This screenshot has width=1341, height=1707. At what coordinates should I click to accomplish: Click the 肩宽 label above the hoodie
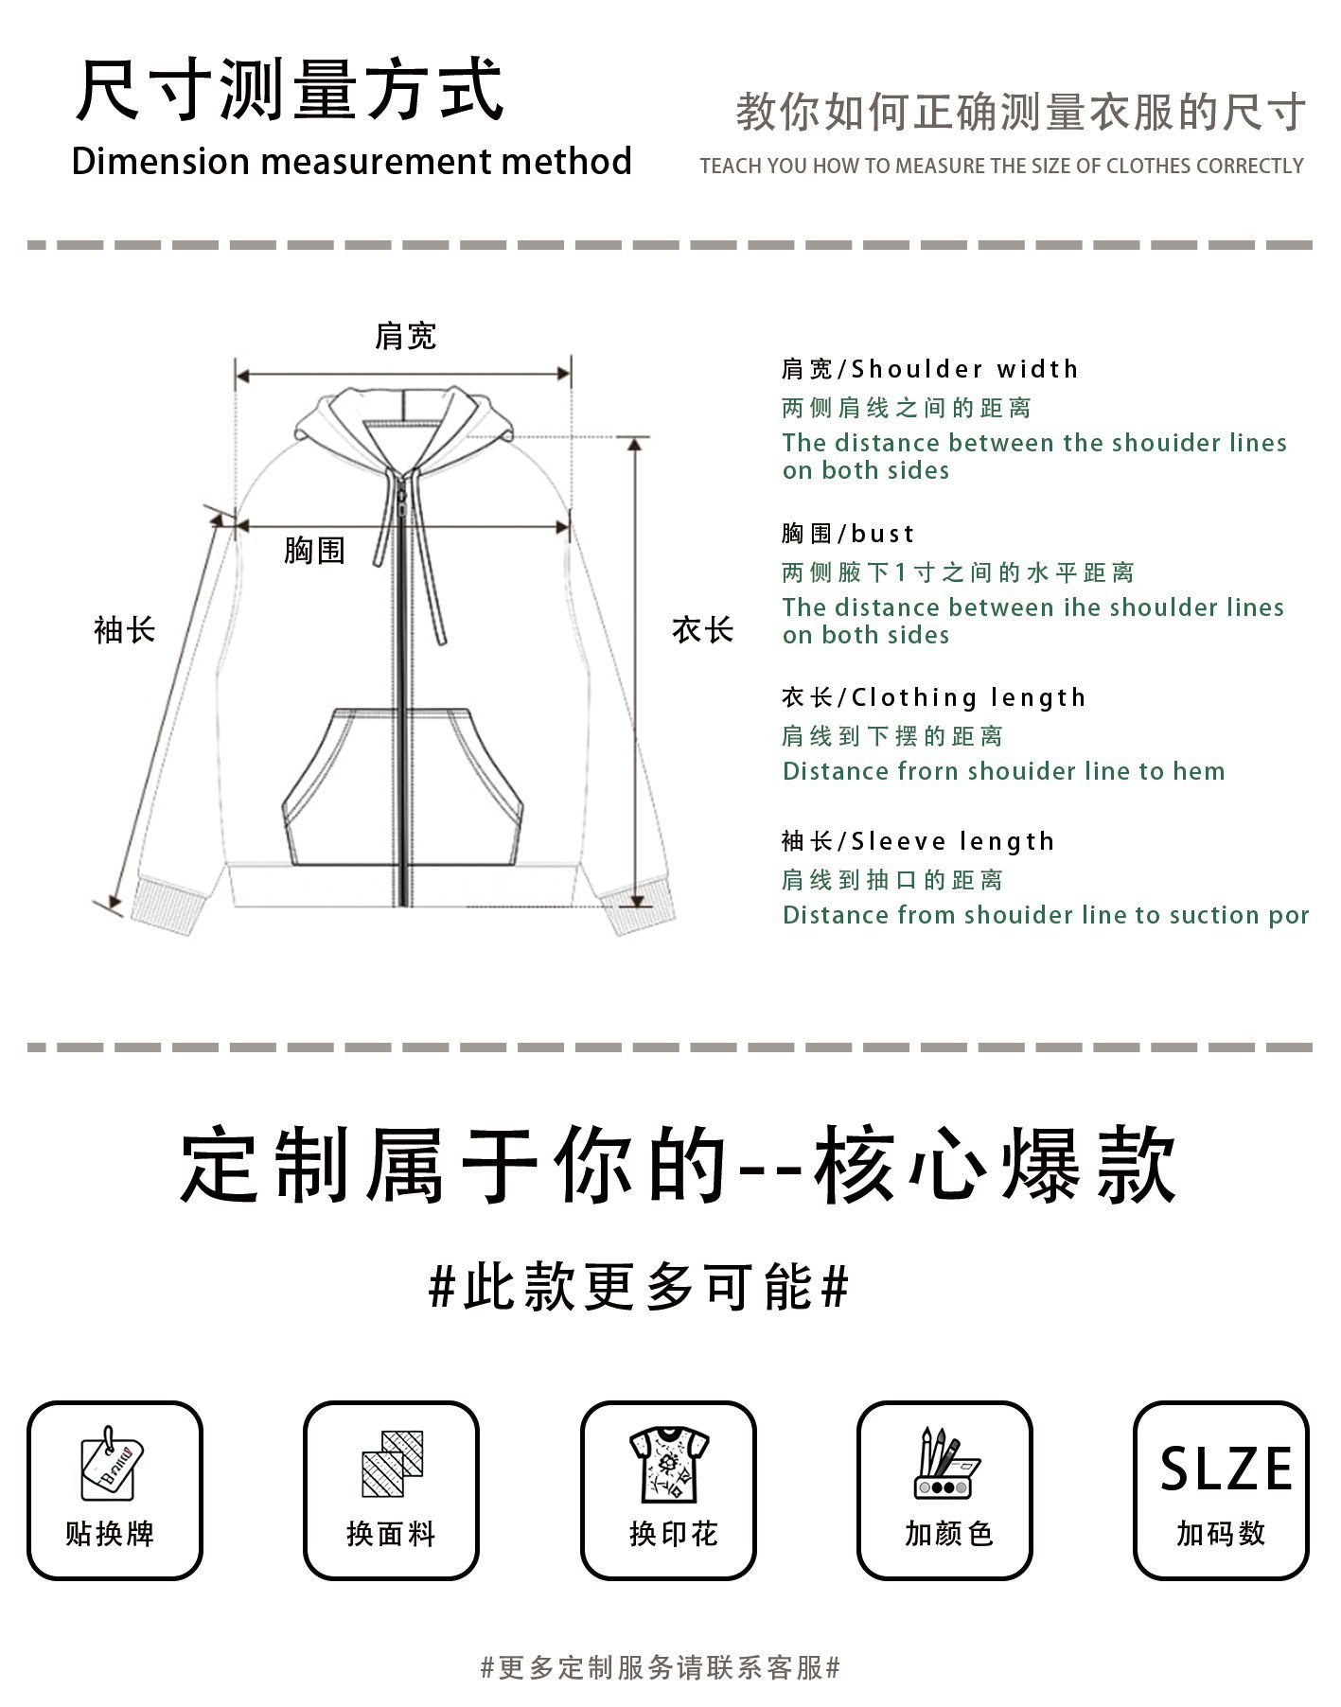(x=405, y=336)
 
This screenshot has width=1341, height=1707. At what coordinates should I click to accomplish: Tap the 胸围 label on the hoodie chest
(x=314, y=550)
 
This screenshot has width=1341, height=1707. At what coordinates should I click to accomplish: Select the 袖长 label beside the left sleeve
(x=124, y=630)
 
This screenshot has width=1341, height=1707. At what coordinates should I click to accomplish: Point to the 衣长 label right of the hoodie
(x=702, y=630)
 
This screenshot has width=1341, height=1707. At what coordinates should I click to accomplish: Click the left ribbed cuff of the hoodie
(x=168, y=906)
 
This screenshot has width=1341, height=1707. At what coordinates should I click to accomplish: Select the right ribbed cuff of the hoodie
(x=640, y=907)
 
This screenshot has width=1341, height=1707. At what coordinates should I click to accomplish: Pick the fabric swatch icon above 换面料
(x=392, y=1464)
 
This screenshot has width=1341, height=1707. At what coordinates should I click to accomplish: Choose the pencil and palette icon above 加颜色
(x=945, y=1464)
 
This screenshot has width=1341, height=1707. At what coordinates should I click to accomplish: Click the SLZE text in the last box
(x=1226, y=1469)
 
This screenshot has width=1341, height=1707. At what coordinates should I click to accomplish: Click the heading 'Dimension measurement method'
(x=351, y=162)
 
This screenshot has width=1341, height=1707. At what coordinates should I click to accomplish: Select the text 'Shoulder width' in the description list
(x=964, y=369)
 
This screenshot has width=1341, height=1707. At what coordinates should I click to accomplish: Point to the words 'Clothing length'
(x=968, y=698)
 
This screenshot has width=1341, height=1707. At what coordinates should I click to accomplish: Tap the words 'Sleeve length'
(x=953, y=842)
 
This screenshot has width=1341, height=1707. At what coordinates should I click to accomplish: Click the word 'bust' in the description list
(x=883, y=534)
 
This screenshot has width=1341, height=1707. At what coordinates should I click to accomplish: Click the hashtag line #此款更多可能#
(x=639, y=1287)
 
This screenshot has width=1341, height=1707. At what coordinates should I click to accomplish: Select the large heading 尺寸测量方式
(x=290, y=91)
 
